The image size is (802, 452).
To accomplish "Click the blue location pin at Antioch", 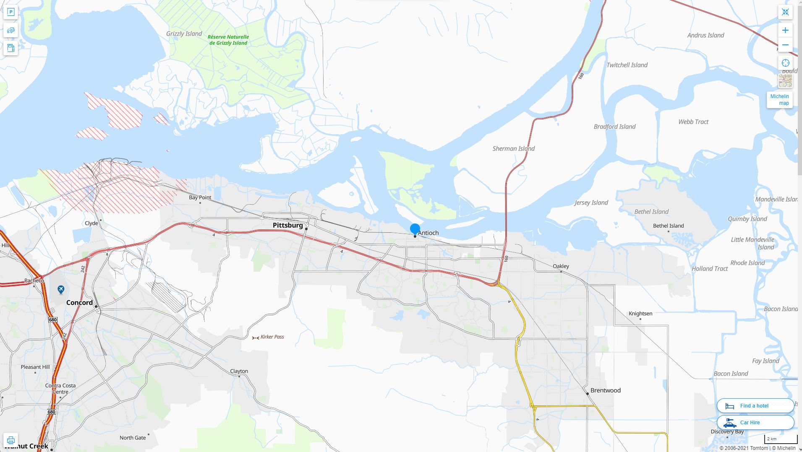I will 415,229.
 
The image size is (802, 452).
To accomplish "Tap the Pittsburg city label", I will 287,225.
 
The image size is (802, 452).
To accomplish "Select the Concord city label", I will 79,302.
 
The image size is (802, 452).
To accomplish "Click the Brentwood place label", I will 605,390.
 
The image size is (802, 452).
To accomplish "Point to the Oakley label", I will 561,266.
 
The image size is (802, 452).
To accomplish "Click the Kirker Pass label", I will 272,337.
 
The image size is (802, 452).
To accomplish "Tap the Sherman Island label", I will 513,148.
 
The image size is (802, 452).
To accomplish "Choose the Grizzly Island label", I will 184,34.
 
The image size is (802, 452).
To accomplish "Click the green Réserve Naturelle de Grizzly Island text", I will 228,40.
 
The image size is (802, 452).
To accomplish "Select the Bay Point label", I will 200,197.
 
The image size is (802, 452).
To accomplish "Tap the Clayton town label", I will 239,371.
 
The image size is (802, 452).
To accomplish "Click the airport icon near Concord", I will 61,289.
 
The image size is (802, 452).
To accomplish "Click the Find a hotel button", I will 755,405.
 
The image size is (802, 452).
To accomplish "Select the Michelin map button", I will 779,100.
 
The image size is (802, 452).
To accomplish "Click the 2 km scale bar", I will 781,439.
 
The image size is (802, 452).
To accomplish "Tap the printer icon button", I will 11,440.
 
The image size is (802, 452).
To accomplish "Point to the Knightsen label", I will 640,313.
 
